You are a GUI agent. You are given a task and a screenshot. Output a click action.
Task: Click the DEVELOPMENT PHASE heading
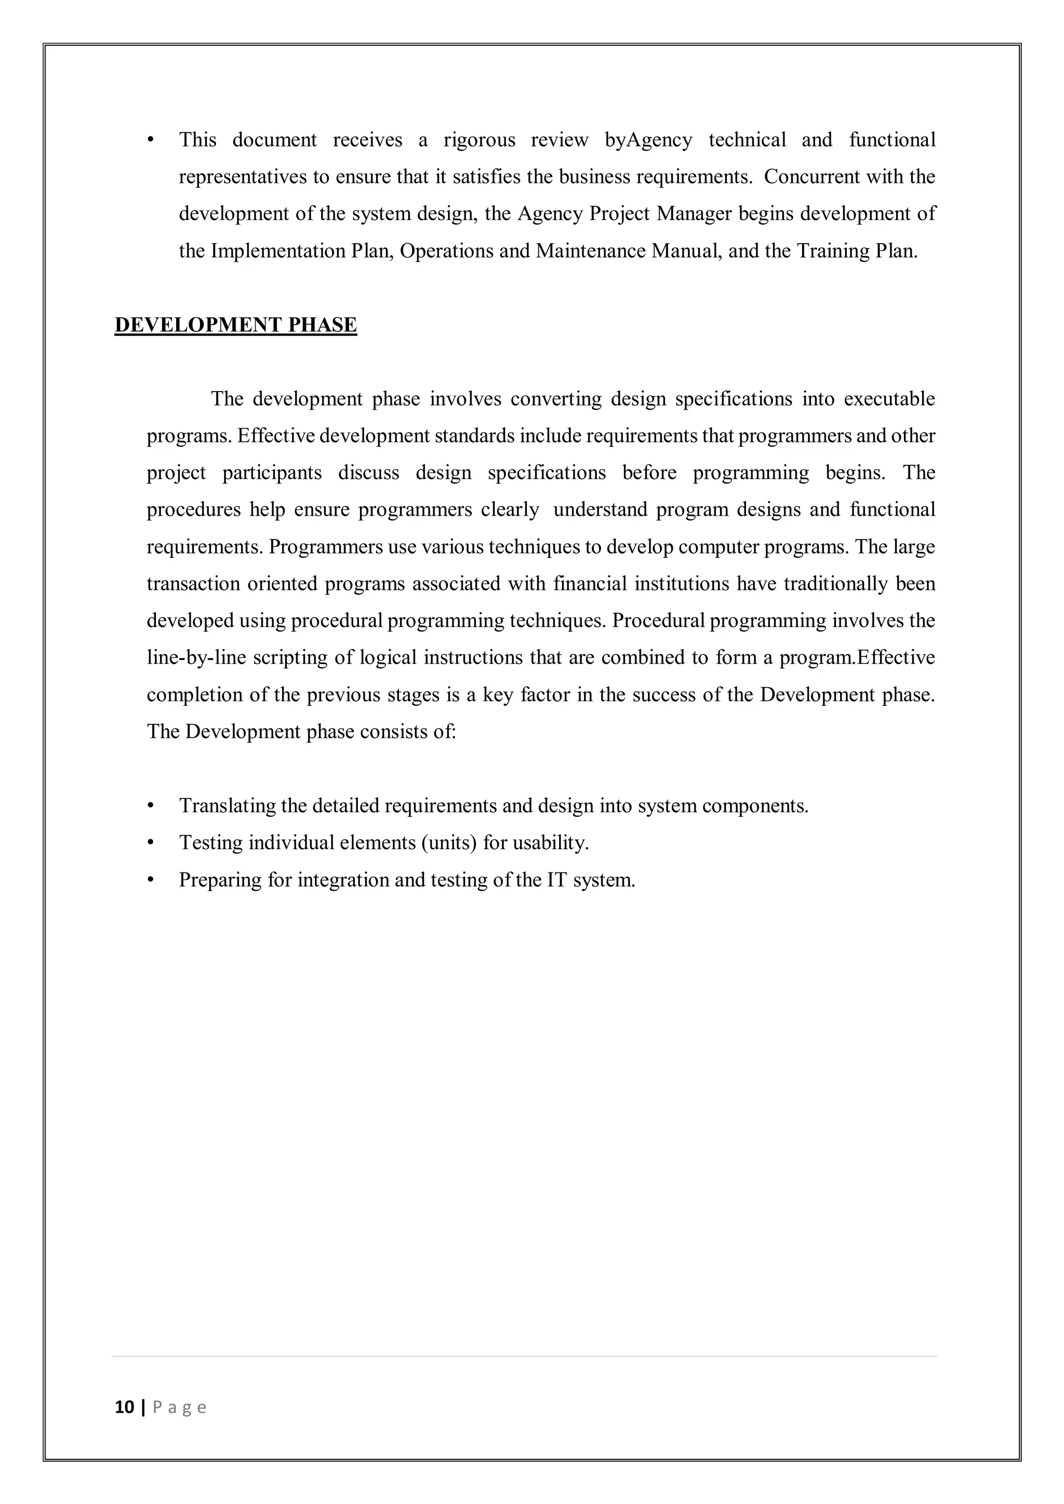tap(236, 325)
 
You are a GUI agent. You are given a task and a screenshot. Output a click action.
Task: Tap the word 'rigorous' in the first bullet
tap(479, 140)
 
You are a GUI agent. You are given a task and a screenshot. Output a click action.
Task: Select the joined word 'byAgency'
tap(648, 140)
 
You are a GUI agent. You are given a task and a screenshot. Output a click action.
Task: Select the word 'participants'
tap(272, 473)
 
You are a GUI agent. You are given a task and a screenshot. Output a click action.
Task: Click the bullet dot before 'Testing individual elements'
tap(151, 843)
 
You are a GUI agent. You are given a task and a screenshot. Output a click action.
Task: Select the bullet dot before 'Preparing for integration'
tap(151, 880)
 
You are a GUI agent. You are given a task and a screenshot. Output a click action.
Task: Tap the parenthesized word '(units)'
tap(448, 843)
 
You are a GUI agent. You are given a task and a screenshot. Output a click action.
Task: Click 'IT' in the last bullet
tap(557, 880)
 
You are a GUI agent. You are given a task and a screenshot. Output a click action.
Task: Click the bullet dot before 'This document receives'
tap(151, 140)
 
